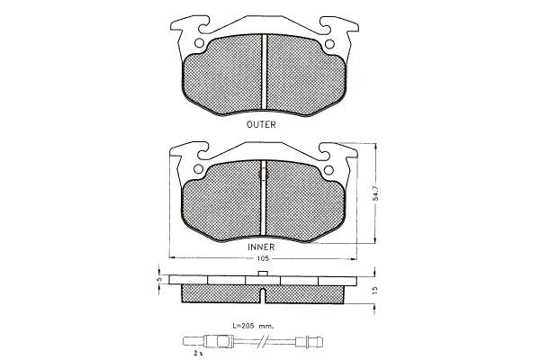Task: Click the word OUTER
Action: coord(261,124)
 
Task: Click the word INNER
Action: coord(261,247)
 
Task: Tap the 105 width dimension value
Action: coord(263,258)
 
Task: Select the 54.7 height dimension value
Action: coord(375,193)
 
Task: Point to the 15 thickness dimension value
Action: coord(375,290)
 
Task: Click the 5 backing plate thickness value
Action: coord(158,279)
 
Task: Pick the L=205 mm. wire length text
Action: coord(253,325)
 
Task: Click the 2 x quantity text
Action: coord(198,353)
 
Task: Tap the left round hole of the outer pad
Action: coord(199,43)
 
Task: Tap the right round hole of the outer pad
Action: coord(329,44)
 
